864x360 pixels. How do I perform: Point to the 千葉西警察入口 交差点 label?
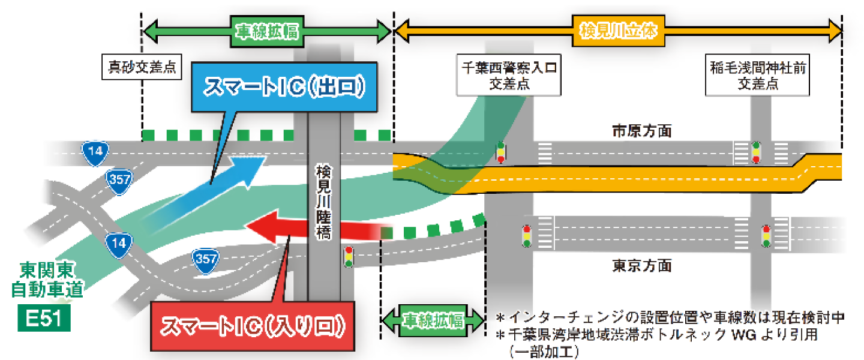[x=509, y=76]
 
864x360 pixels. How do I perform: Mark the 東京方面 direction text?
[x=641, y=265]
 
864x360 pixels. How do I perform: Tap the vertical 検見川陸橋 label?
[x=323, y=203]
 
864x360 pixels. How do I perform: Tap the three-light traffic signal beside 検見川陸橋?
[x=348, y=257]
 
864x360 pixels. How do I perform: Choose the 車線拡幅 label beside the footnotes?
[x=433, y=319]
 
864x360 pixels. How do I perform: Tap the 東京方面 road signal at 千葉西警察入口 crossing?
[x=527, y=236]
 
